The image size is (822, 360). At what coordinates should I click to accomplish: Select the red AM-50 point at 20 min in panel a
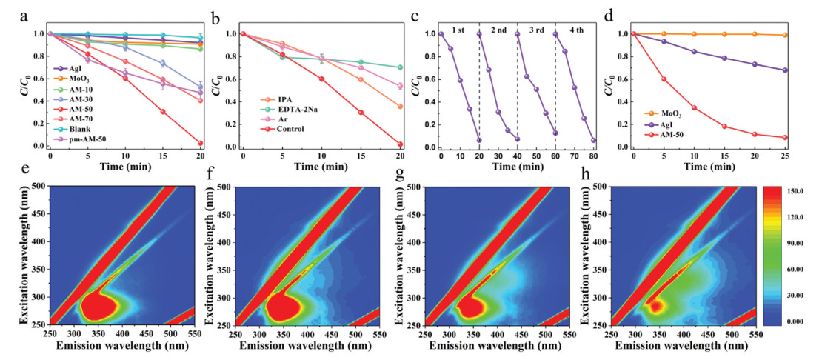coord(201,143)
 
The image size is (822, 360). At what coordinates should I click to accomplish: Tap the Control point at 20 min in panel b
coord(400,144)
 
